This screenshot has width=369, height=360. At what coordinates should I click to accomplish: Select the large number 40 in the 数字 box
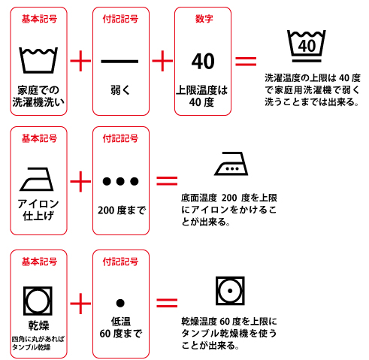(x=203, y=61)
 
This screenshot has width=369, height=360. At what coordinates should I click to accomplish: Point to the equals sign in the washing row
(x=246, y=61)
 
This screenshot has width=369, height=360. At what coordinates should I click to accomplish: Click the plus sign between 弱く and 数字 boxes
(x=162, y=61)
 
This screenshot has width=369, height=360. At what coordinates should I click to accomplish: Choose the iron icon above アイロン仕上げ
(x=38, y=179)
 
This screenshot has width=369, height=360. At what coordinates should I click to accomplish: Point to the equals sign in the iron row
(x=167, y=180)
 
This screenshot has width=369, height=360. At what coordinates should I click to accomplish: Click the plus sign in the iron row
(x=80, y=181)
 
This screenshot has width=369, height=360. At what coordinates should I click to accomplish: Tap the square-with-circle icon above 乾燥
(x=38, y=298)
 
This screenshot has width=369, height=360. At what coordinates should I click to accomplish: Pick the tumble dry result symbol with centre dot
(x=230, y=289)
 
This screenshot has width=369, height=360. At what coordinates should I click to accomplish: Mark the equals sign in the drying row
(x=167, y=303)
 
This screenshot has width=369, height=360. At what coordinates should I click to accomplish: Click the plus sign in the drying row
(x=80, y=303)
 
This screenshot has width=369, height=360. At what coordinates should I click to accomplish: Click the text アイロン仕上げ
(x=38, y=211)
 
